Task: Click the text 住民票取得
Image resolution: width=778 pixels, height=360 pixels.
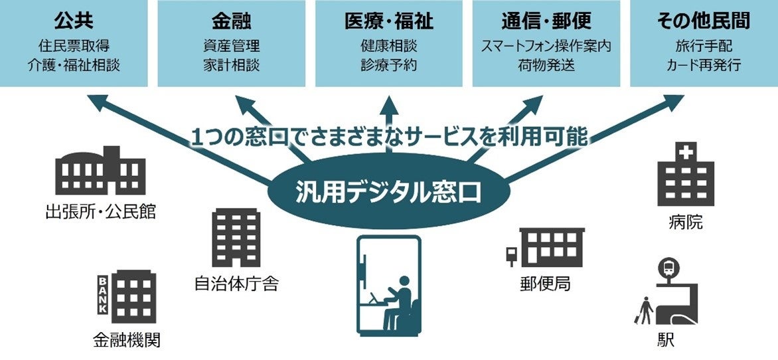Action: [74, 47]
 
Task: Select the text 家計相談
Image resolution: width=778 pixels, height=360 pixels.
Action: [231, 66]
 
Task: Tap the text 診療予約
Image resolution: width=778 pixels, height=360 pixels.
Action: [389, 66]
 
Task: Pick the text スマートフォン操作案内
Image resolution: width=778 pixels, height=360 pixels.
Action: [546, 47]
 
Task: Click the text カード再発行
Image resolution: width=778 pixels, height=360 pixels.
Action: [704, 66]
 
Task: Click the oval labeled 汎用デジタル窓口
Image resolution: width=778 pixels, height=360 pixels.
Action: [388, 192]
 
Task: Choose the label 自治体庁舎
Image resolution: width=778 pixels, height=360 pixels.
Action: [236, 284]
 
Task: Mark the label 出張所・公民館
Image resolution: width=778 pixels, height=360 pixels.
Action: [100, 213]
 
